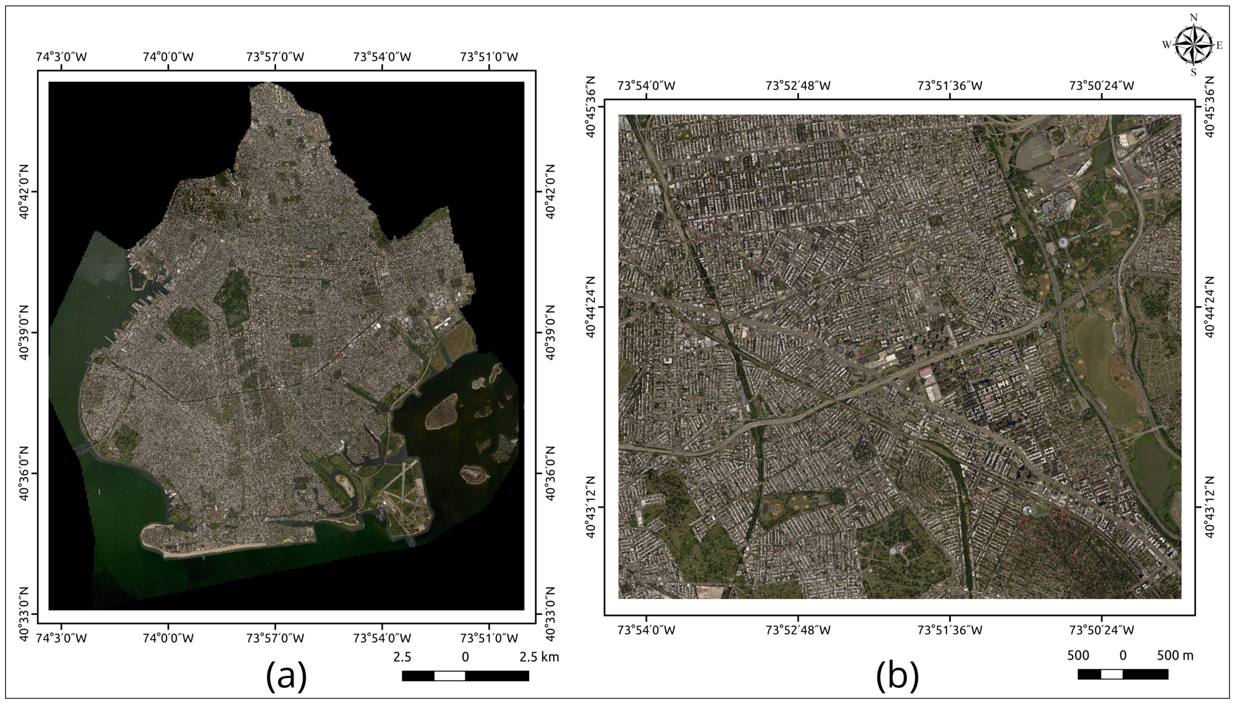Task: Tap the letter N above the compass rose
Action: [1193, 18]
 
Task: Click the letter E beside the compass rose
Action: [1219, 46]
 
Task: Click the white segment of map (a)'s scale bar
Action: [449, 676]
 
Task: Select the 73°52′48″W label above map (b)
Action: [798, 86]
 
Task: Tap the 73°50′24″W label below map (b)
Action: [1101, 630]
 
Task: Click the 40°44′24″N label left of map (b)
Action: [591, 307]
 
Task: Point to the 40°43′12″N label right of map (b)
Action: [1209, 507]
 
